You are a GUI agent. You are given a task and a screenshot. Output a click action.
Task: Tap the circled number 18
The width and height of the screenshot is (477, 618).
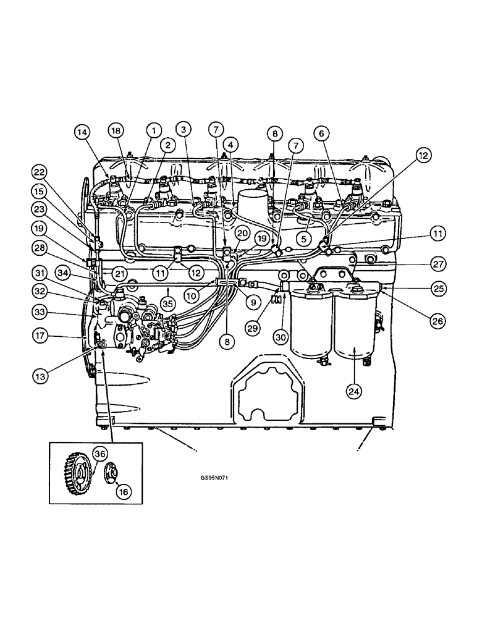[116, 130]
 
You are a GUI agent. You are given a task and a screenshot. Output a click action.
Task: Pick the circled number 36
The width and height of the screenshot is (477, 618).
[99, 453]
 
